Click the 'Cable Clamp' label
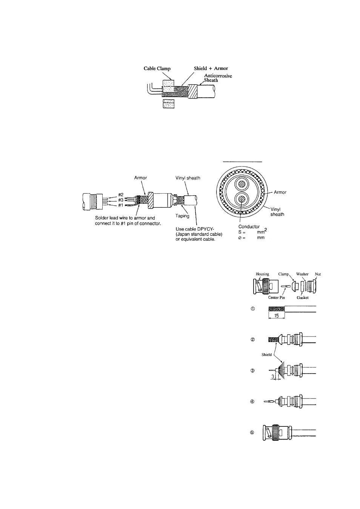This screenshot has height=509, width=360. (x=157, y=69)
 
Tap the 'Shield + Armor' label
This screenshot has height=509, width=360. (x=211, y=69)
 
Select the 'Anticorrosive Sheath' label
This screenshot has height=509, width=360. (x=218, y=78)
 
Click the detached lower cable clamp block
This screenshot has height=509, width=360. (x=168, y=104)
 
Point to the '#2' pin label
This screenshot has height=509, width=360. (x=121, y=194)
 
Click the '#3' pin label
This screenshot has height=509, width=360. (x=121, y=200)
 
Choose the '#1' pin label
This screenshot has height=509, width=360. (x=121, y=205)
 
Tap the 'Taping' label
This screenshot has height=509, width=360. (x=182, y=216)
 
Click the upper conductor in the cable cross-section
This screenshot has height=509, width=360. (x=241, y=186)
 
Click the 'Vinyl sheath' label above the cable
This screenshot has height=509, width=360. (x=188, y=178)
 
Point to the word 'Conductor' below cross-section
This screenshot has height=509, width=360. (x=249, y=227)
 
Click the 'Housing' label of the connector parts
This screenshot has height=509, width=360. (x=262, y=274)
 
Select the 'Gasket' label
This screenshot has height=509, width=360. (x=302, y=298)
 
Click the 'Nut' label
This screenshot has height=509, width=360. (x=318, y=274)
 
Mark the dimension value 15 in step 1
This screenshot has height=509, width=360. (x=276, y=316)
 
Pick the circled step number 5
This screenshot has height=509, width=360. (x=253, y=433)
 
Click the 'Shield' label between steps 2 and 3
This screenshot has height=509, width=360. (x=266, y=355)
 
